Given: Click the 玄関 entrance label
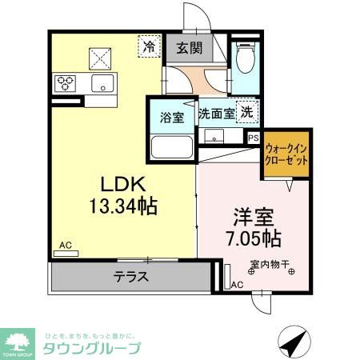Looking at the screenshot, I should [x=189, y=49].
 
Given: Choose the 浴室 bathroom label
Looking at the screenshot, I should [x=171, y=118].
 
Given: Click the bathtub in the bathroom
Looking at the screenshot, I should [x=172, y=148].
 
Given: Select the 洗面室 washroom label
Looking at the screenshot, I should [x=216, y=114].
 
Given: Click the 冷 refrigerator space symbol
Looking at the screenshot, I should [x=149, y=47].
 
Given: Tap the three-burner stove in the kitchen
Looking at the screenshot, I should [x=66, y=82].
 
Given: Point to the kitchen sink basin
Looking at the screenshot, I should [x=102, y=83].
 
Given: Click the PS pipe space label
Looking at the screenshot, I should [x=253, y=138].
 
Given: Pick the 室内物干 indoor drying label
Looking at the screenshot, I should [x=269, y=264].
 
